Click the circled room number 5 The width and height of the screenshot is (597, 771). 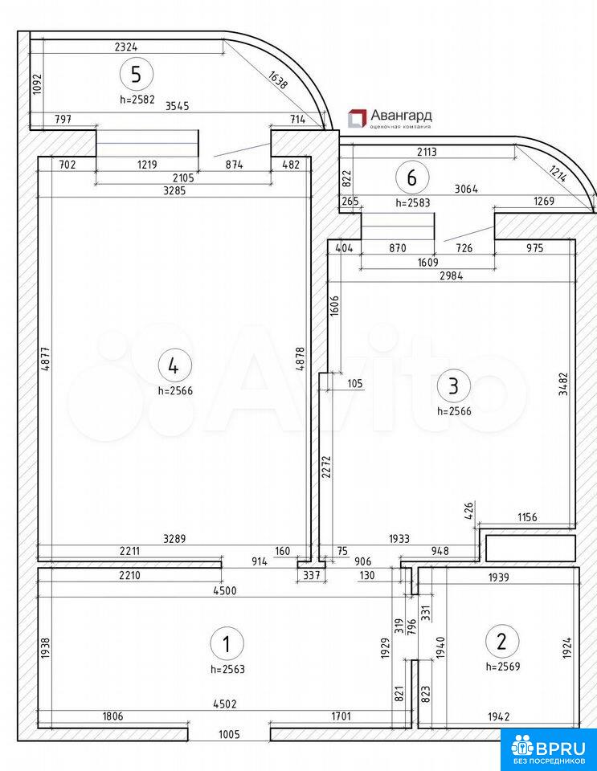point(136,75)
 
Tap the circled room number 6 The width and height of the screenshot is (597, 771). point(412,177)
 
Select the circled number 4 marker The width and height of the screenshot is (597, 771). point(173,366)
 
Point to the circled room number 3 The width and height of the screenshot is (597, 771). point(453,385)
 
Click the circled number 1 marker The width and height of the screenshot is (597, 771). point(227,643)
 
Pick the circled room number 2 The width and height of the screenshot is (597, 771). point(502,641)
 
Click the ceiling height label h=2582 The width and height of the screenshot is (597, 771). point(137,100)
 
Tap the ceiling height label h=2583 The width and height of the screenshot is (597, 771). point(413,203)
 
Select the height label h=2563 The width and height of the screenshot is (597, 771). point(227,668)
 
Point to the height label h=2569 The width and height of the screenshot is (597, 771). point(503,666)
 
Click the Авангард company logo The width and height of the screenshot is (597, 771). point(390,118)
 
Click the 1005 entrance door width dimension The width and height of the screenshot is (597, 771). point(229,734)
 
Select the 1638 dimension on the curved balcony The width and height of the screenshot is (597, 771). point(277,80)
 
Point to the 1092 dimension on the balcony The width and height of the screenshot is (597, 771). point(37,84)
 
